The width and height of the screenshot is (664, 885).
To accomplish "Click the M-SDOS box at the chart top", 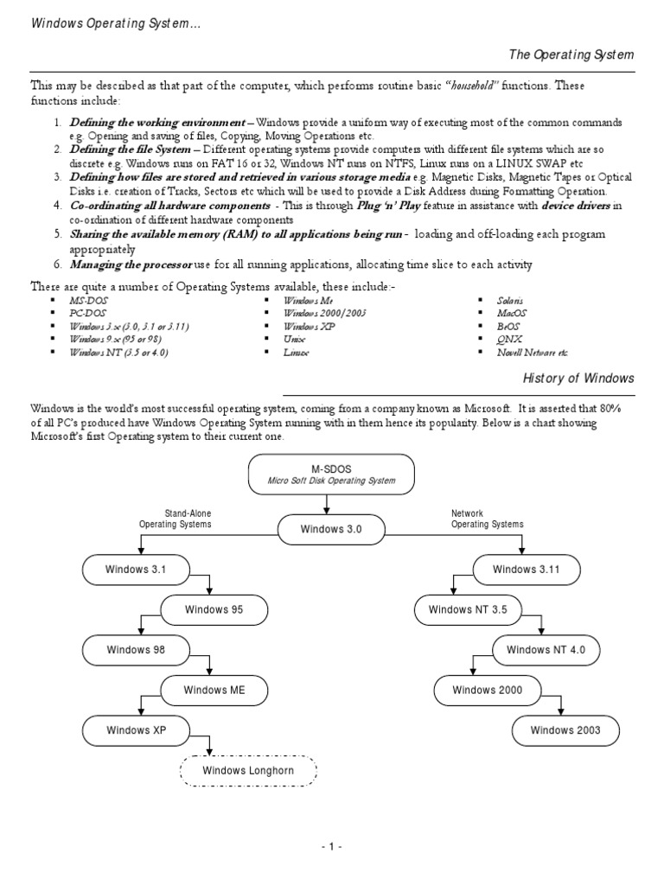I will click(331, 474).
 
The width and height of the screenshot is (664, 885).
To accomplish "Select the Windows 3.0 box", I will click(331, 529).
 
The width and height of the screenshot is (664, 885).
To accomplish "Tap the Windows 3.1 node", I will click(135, 569).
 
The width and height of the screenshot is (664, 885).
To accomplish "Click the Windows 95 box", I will click(214, 609).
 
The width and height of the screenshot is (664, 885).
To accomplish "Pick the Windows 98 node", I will click(135, 649).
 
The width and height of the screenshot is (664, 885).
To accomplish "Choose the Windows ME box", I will click(214, 690).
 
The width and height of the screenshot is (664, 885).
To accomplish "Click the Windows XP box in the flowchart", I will click(135, 730).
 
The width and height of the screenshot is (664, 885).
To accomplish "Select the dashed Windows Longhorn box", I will click(248, 770).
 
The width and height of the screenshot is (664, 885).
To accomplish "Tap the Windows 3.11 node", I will click(526, 569).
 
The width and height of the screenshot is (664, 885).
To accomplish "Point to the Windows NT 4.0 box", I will click(546, 649).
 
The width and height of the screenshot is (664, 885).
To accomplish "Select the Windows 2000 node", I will click(485, 690).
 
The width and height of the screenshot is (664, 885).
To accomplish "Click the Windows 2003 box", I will click(565, 730).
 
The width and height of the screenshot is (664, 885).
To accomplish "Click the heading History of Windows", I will click(578, 379).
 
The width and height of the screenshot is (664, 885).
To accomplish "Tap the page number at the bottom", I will click(332, 847).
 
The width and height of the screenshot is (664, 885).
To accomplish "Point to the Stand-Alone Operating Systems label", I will click(175, 519).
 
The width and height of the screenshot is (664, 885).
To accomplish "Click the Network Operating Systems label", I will click(488, 519).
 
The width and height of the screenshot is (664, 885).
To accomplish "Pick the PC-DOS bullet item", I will click(88, 313).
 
